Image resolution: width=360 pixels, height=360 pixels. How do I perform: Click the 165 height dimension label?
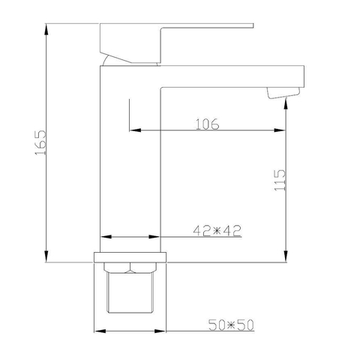click(40, 142)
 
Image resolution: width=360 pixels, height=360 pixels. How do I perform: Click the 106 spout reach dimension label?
click(207, 124)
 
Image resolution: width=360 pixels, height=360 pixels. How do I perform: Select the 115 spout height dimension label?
click(280, 180)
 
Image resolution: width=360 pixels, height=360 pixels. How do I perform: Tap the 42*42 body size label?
click(217, 230)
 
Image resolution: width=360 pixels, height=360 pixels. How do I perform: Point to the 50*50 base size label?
click(231, 325)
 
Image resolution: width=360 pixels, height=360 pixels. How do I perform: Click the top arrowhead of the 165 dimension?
click(46, 29)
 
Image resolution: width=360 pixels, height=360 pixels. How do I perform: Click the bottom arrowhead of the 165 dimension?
click(46, 256)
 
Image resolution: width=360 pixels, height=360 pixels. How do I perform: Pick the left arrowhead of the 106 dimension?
click(135, 130)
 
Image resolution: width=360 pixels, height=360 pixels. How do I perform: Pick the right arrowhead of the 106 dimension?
click(280, 130)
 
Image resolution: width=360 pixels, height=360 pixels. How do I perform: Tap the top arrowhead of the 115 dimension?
click(286, 104)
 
